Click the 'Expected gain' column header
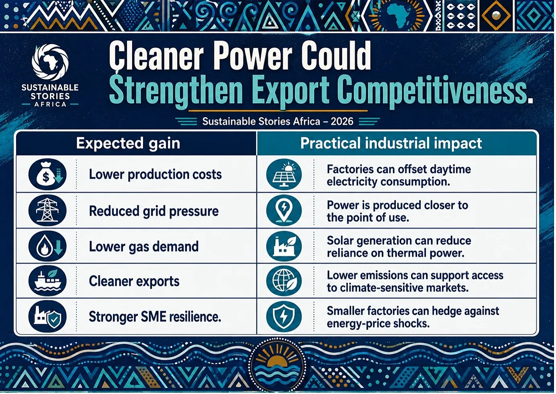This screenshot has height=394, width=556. pos(128,144)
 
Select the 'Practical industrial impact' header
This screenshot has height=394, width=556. pos(391,144)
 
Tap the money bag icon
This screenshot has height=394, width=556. pos(47,174)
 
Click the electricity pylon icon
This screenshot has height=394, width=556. pos(47,210)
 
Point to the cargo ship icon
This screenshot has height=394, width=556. pos(47,281)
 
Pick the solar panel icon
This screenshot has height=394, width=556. pos(284,174)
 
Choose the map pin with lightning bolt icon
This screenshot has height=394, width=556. pos(284,210)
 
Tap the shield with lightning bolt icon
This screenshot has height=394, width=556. pos(284,316)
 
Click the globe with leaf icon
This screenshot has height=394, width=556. pos(284,281)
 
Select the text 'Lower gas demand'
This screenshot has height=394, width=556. pos(144,247)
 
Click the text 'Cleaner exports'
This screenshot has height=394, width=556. pos(134,281)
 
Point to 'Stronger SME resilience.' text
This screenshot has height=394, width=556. pos(155,317)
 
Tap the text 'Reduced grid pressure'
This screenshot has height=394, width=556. pos(154,211)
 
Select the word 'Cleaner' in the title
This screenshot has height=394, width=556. pos(156,56)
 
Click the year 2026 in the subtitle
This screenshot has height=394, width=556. pos(342,121)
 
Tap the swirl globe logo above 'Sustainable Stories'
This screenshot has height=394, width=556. pos(50,62)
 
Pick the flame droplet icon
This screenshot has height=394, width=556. pos(47,246)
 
